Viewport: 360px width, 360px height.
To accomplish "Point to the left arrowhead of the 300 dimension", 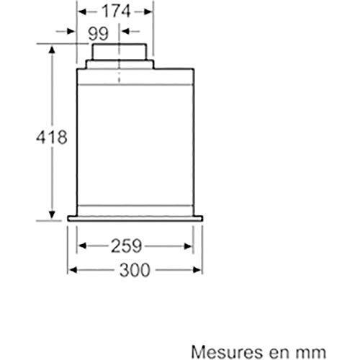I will [x=71, y=271].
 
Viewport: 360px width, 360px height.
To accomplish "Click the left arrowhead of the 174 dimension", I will [x=81, y=12].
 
